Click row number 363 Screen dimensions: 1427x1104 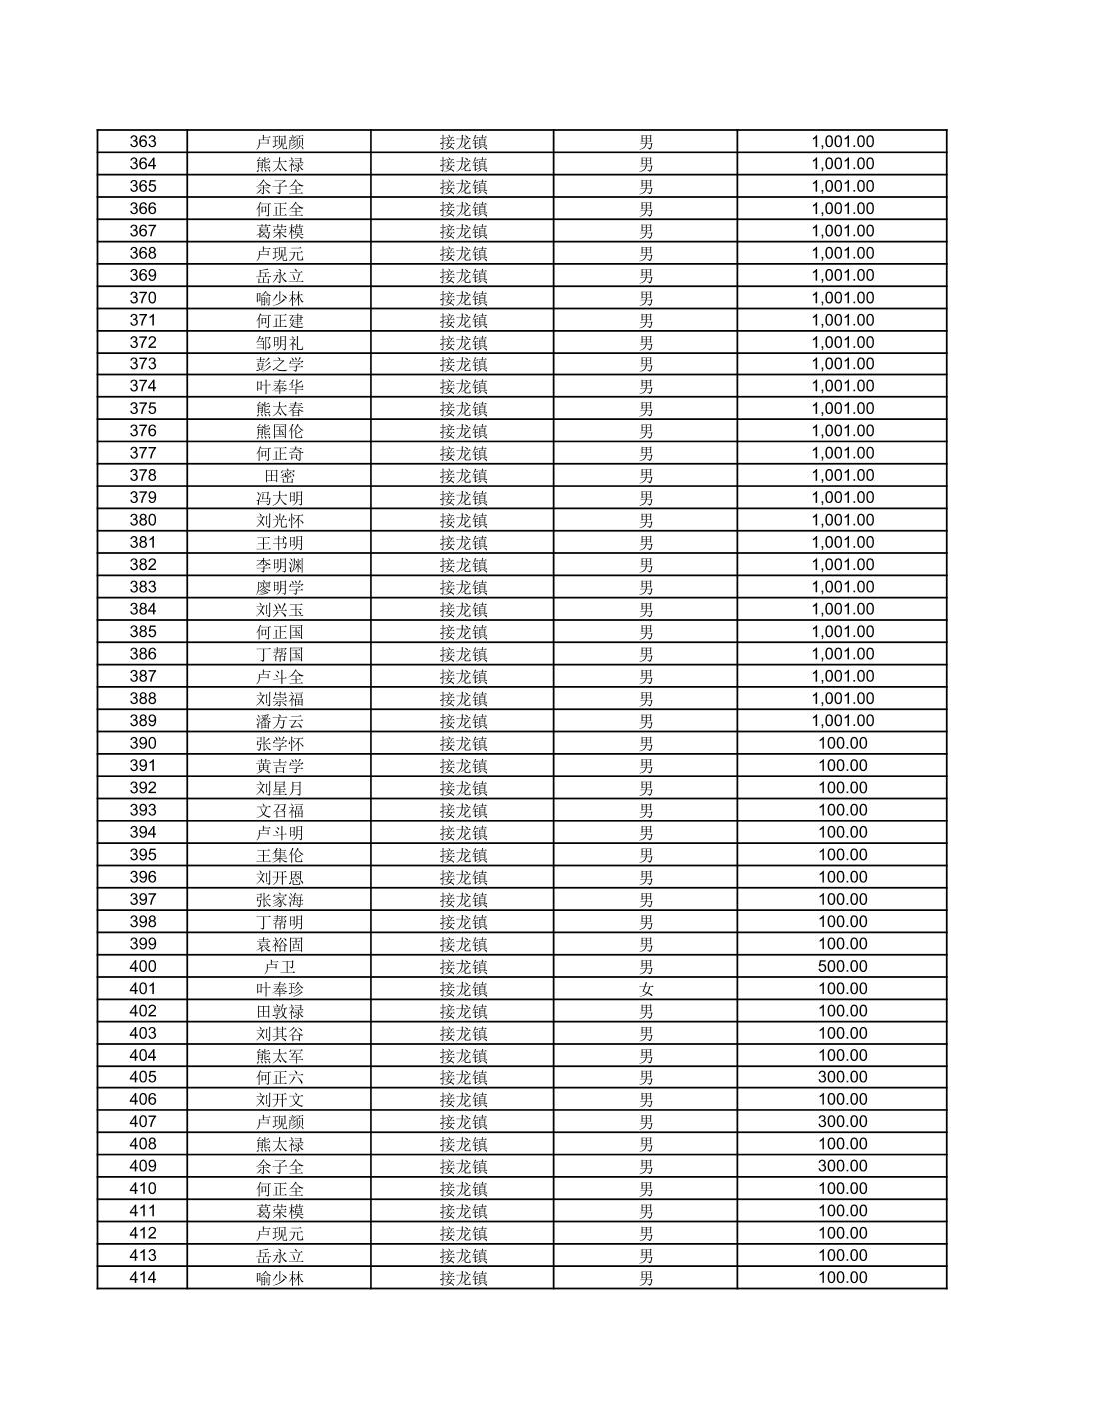pyautogui.click(x=143, y=142)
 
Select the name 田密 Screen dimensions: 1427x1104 pyautogui.click(x=279, y=476)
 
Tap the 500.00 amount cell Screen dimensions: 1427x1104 pyautogui.click(x=842, y=967)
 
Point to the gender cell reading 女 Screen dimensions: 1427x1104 pyautogui.click(x=646, y=989)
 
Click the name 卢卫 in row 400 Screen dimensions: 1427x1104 pyautogui.click(x=279, y=967)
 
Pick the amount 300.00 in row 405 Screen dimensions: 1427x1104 pyautogui.click(x=842, y=1077)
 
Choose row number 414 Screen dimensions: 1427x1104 pyautogui.click(x=143, y=1278)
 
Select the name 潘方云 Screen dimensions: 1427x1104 pyautogui.click(x=279, y=721)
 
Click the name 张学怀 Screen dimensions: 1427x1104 pyautogui.click(x=279, y=743)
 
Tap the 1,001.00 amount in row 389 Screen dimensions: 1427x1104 pyautogui.click(x=842, y=721)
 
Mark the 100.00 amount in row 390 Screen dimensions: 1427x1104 pyautogui.click(x=842, y=743)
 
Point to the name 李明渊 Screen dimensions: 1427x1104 pyautogui.click(x=279, y=565)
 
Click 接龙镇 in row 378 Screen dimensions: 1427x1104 pyautogui.click(x=463, y=476)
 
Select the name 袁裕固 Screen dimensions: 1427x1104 pyautogui.click(x=279, y=944)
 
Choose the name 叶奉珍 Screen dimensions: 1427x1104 pyautogui.click(x=279, y=989)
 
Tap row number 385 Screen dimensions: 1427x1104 pyautogui.click(x=143, y=632)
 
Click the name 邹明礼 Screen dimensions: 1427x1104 pyautogui.click(x=279, y=343)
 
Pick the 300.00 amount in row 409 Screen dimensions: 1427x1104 pyautogui.click(x=842, y=1166)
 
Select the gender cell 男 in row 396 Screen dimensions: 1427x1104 pyautogui.click(x=646, y=877)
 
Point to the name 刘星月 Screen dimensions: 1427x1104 pyautogui.click(x=279, y=788)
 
